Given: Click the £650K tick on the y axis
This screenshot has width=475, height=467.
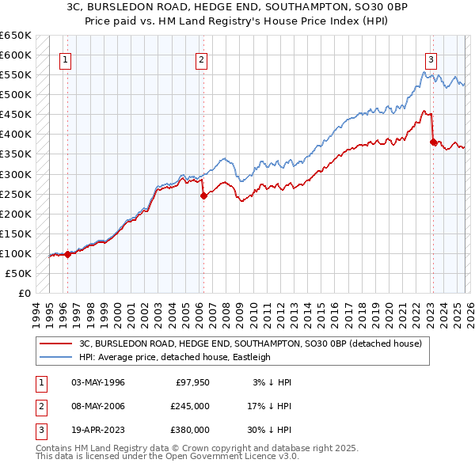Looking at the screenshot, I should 16,36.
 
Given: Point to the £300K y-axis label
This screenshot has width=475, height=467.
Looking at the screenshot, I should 16,174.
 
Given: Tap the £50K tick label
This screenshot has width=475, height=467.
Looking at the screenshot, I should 19,273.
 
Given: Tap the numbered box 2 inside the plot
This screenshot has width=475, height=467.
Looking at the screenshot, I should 202,59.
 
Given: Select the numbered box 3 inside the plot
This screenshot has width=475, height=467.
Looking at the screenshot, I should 431,59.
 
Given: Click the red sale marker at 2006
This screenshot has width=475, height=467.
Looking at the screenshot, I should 203,196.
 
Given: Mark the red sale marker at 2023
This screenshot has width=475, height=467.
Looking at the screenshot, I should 433,142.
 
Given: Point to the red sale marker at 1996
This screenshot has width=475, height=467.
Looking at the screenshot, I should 68,254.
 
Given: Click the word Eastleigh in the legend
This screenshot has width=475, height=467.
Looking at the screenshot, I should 250,357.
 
